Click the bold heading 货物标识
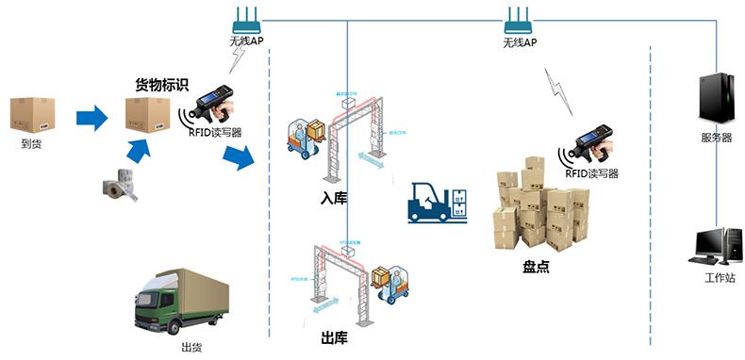(162, 85)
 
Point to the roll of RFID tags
(122, 184)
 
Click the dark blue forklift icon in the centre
(436, 203)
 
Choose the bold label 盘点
(536, 267)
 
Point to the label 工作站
(718, 280)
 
